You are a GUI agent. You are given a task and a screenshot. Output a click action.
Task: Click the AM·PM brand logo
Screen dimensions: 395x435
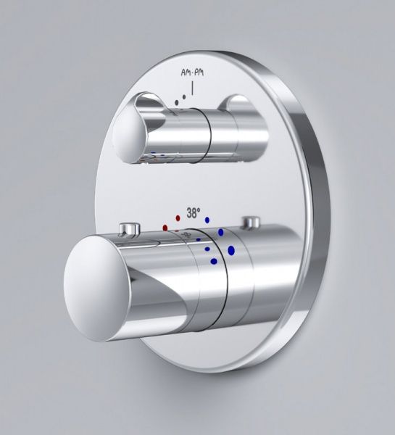[x=192, y=72]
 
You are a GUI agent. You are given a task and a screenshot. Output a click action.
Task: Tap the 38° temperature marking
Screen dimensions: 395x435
[x=193, y=213]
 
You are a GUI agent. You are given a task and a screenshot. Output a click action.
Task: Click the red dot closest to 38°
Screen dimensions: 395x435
[x=178, y=218]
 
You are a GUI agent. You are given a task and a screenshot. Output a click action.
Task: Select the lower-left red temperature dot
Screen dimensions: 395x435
[x=165, y=228]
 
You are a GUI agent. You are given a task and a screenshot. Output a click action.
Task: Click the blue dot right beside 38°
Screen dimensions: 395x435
[x=207, y=220]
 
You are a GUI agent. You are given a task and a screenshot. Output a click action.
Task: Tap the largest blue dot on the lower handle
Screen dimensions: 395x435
[x=231, y=251]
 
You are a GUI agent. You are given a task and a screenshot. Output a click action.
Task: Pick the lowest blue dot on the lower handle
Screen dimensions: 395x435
[x=214, y=261]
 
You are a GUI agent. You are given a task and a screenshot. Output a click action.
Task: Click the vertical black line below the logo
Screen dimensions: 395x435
[x=192, y=88]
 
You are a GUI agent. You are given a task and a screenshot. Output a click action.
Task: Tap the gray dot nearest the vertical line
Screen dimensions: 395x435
[x=183, y=97]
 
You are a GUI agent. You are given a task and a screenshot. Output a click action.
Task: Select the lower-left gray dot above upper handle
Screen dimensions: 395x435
[x=177, y=102]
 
